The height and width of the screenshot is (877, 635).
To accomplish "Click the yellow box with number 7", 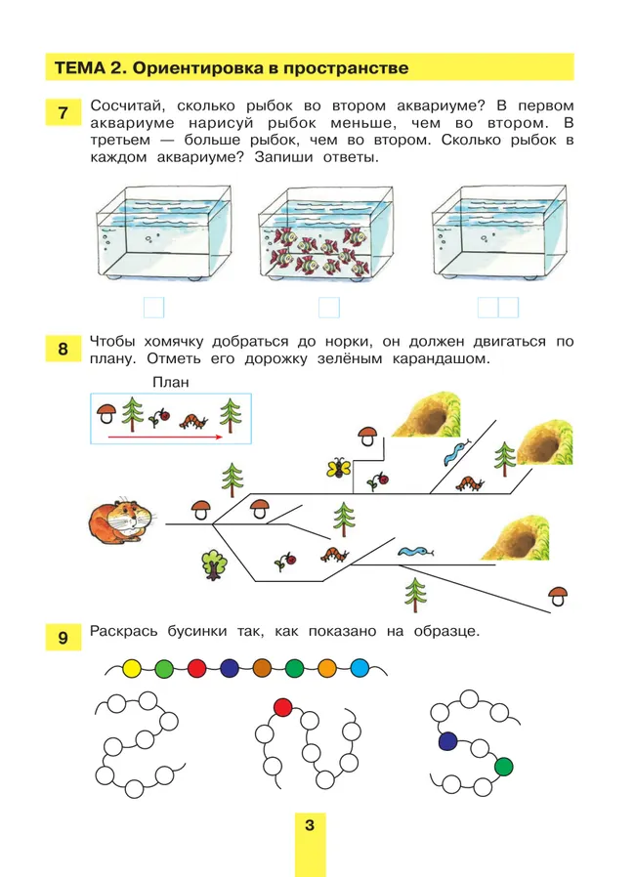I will (x=63, y=112).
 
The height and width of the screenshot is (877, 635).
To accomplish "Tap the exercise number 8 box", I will (x=63, y=349).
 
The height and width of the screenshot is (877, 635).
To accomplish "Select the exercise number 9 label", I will (x=63, y=639).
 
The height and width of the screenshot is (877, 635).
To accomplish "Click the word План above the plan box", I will (x=170, y=383).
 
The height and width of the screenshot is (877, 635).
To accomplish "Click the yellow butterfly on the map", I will (x=339, y=468).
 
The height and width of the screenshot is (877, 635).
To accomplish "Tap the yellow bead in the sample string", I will (x=132, y=669).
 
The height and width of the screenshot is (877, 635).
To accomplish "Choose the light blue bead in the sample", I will (x=360, y=669).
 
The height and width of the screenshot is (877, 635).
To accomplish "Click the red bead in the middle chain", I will (x=283, y=706).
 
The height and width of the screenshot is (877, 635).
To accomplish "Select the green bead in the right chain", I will (x=503, y=765).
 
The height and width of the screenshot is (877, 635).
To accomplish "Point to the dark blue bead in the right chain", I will (x=447, y=741).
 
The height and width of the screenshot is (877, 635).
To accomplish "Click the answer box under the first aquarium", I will (x=153, y=308).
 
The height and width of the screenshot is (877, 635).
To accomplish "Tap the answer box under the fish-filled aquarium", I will (x=328, y=308).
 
